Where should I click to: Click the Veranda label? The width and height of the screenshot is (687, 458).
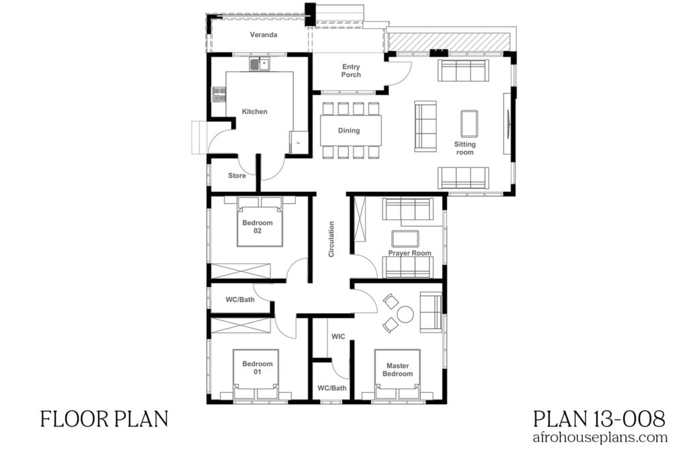pos(264,35)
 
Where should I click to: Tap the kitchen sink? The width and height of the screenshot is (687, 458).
pos(259,64)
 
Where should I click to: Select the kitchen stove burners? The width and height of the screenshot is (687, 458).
pos(219,95)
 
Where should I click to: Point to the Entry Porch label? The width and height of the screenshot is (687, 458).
pos(351,70)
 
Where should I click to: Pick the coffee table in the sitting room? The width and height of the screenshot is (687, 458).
pos(469,123)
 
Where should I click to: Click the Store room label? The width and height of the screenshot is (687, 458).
pos(237,176)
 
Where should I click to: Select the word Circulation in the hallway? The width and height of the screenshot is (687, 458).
pos(331,239)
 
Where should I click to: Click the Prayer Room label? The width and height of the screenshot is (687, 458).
pos(409,253)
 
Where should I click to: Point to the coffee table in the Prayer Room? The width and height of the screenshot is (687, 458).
pos(405,239)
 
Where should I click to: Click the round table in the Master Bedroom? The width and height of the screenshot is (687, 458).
pos(405,314)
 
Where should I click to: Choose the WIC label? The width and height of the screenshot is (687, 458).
pos(338,337)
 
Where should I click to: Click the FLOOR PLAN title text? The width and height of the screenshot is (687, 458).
pos(103,420)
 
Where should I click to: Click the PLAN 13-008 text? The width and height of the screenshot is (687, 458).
pos(599,420)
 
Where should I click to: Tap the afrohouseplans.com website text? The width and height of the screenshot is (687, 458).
pos(599,438)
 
